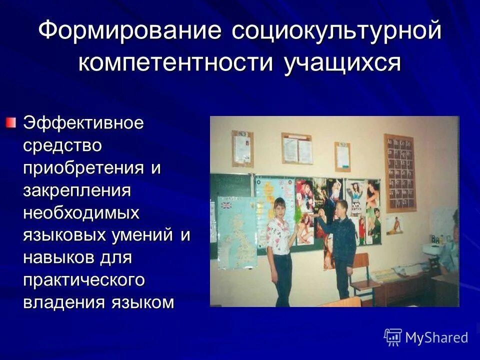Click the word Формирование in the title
130,31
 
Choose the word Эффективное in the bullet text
83,123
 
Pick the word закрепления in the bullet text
77,190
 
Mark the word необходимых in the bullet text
81,213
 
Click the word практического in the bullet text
84,280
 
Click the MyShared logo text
436,337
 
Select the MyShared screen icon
393,337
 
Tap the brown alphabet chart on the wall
399,172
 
